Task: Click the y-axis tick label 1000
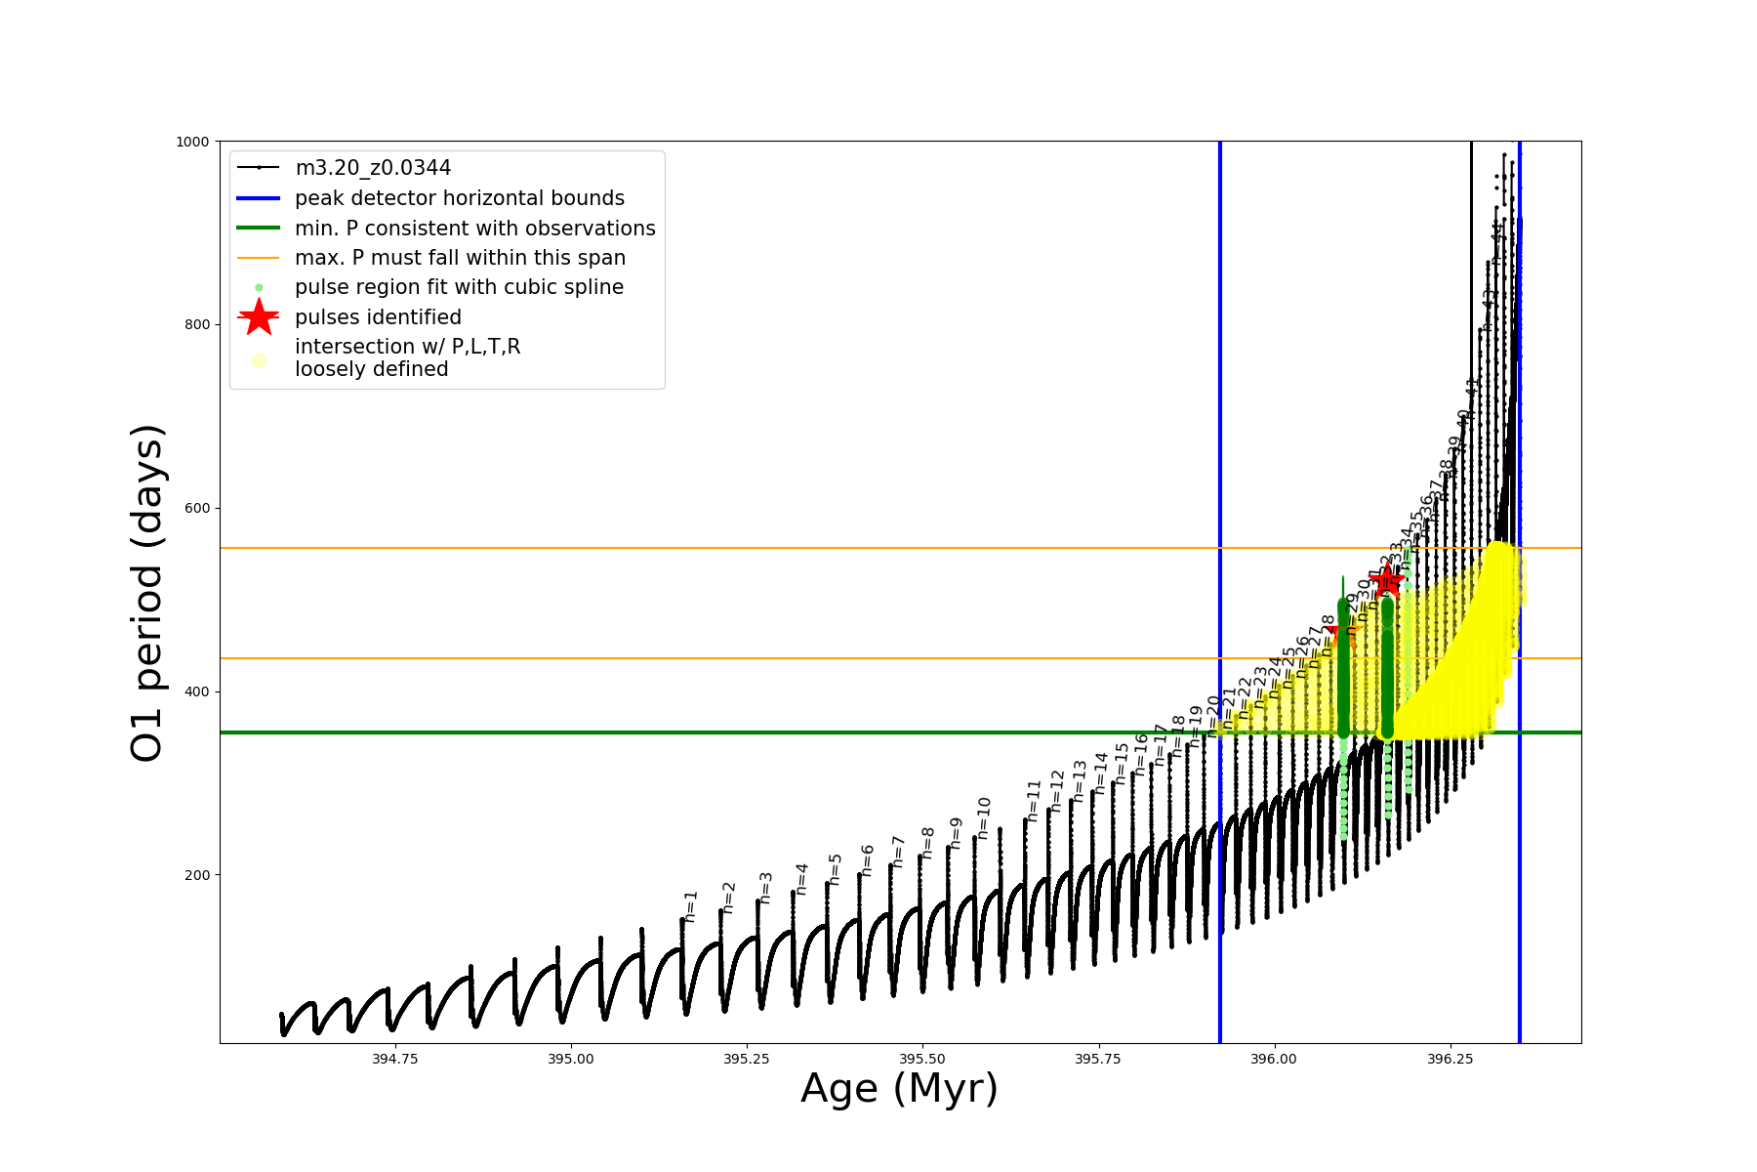(192, 142)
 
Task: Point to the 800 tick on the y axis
(197, 325)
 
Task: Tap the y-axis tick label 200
(197, 875)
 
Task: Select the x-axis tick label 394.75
(395, 1059)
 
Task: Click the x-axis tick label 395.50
(922, 1059)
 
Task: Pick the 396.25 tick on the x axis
(1450, 1059)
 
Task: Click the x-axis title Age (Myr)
(899, 1089)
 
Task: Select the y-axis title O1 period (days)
(147, 593)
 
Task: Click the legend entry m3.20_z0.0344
(373, 168)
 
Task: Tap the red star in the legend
(259, 317)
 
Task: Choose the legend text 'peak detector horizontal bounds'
(460, 198)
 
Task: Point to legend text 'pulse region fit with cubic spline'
(459, 287)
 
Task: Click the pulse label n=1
(691, 906)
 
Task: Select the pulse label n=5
(835, 868)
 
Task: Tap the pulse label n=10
(984, 817)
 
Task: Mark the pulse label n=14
(1101, 773)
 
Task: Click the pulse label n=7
(898, 852)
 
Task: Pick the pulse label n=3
(765, 888)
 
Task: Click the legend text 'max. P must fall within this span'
(460, 258)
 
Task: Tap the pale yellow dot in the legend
(259, 360)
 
